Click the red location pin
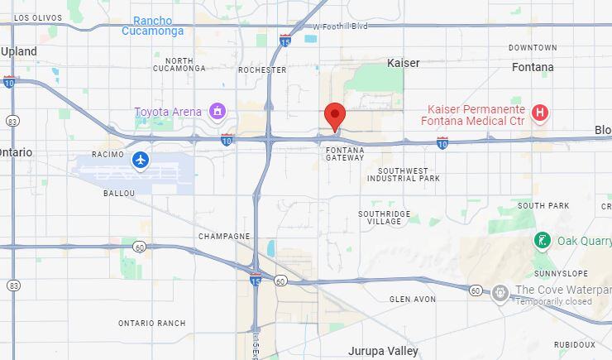coord(334,117)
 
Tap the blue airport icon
coord(141,159)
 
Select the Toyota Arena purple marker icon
coord(218,111)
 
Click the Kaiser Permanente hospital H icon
coord(540,112)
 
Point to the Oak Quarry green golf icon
coord(542,241)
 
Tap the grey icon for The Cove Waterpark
coord(500,291)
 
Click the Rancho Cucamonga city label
coord(153,26)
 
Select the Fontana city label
coord(533,67)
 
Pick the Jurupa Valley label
coord(383,351)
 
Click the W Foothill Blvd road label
coord(340,26)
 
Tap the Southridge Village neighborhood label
coord(384,218)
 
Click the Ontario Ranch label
coord(151,323)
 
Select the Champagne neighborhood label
coord(224,236)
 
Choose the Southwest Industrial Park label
coord(404,175)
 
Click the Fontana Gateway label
coord(345,153)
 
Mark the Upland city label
coord(19,51)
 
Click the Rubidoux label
coord(574,344)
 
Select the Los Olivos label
coord(38,17)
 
